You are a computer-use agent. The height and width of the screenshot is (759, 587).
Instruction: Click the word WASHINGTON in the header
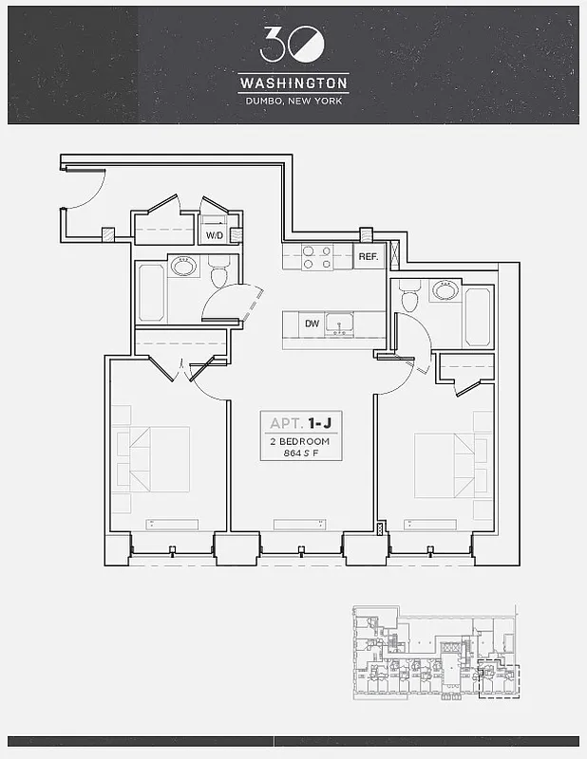[x=293, y=83]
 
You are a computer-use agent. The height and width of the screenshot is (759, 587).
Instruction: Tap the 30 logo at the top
[x=293, y=44]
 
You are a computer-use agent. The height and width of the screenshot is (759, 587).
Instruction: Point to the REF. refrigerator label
[x=368, y=257]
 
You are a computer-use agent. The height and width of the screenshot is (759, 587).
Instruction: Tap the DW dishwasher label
[x=312, y=324]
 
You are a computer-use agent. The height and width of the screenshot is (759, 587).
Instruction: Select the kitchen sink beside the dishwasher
[x=339, y=324]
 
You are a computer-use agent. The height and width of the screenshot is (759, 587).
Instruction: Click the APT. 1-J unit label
[x=300, y=423]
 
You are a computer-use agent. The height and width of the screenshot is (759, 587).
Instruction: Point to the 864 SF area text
[x=300, y=453]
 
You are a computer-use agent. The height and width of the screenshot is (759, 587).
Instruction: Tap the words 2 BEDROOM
[x=300, y=441]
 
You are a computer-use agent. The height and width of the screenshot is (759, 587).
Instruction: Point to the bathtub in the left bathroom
[x=151, y=291]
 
